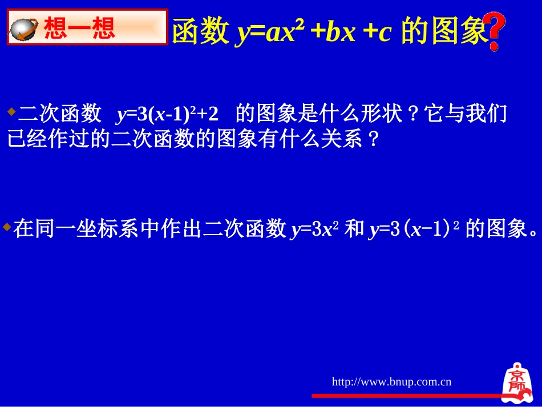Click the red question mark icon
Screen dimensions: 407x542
coord(495,33)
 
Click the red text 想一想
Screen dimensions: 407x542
coord(79,27)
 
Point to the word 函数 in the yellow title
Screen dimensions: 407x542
coord(200,32)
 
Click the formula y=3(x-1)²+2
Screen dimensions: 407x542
coord(168,114)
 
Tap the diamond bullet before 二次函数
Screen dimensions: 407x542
coord(11,111)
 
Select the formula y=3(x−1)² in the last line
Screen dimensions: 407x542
coord(411,229)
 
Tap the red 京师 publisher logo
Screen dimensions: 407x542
coord(517,382)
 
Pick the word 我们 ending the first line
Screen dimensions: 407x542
coord(487,114)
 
